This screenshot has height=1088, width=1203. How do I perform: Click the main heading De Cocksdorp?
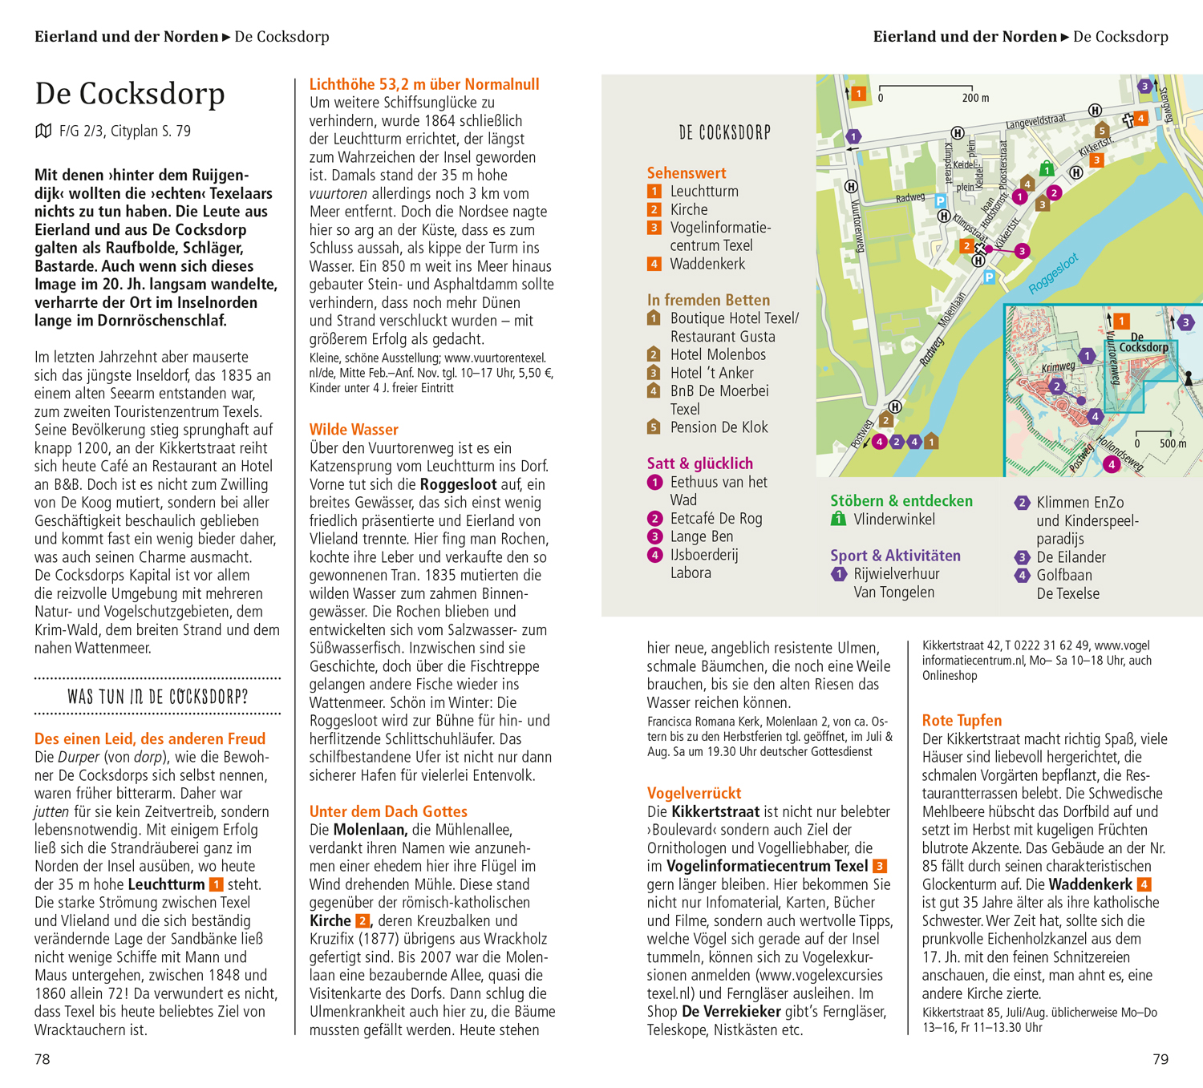(130, 94)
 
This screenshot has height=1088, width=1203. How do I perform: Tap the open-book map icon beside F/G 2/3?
(43, 131)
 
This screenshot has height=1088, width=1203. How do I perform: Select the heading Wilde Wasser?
(354, 430)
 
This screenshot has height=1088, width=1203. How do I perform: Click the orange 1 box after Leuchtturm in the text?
(216, 884)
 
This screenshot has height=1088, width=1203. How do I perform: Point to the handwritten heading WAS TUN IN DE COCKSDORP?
(158, 696)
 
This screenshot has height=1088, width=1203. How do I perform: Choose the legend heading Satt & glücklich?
(699, 463)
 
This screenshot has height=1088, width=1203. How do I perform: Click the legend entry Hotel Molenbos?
(718, 354)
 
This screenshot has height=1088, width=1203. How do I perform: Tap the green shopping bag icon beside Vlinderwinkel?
(838, 519)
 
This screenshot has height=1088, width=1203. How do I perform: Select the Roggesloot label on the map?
(1053, 273)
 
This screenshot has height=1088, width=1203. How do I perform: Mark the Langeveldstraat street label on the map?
(1035, 122)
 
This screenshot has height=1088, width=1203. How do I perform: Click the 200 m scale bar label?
(975, 98)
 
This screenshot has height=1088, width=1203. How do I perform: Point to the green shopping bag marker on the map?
(1046, 168)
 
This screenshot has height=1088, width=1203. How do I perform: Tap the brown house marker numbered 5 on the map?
(1102, 130)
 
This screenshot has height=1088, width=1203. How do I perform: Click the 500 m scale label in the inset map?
(1173, 443)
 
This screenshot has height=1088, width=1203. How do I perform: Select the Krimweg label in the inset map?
(1058, 367)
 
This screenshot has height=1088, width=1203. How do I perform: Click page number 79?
(1160, 1059)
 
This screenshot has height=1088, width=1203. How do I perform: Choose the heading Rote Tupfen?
(962, 720)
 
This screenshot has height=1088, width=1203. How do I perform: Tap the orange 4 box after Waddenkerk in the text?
(1144, 884)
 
